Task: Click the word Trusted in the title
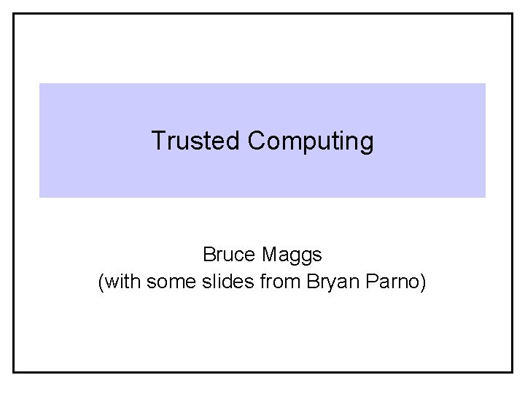tap(196, 140)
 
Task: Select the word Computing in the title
tap(311, 141)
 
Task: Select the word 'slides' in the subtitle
tap(221, 280)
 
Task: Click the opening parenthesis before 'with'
tap(101, 281)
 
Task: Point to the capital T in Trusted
tap(157, 140)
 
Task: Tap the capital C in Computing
tap(256, 140)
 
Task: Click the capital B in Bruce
tap(209, 255)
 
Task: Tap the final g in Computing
tap(367, 143)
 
